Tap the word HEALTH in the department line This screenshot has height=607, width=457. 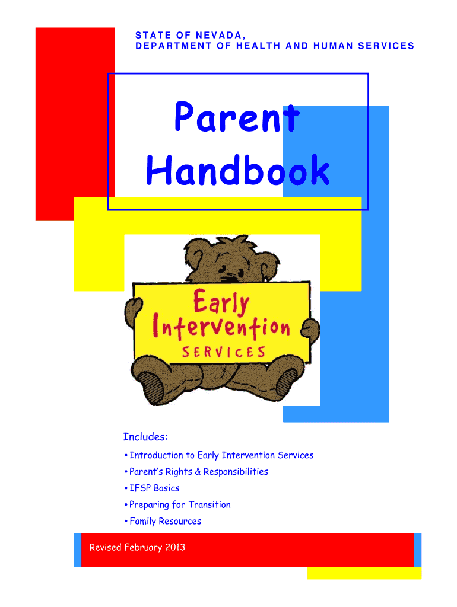click(258, 46)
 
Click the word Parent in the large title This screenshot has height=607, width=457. click(237, 116)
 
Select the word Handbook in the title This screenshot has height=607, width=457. click(237, 170)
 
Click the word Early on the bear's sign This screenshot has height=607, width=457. click(221, 302)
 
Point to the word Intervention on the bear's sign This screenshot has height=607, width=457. click(221, 328)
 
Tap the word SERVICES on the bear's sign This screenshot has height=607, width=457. click(224, 352)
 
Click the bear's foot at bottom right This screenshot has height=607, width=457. click(285, 382)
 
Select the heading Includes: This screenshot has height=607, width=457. click(145, 437)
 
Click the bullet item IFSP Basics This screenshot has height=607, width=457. click(154, 488)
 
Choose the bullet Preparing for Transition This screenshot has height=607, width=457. click(180, 505)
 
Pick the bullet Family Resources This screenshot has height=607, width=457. click(165, 522)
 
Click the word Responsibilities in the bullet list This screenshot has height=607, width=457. click(236, 472)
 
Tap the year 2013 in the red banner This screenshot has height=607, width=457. click(175, 547)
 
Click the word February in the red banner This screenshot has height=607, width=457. click(143, 547)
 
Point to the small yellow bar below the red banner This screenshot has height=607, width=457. click(364, 573)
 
